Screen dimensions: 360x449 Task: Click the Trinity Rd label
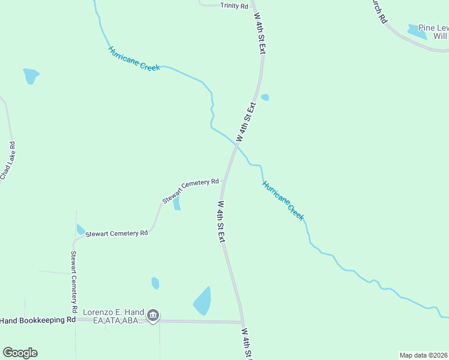pos(234,5)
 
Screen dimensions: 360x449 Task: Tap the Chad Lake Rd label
pos(8,161)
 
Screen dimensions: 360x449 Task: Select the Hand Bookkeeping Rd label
pos(38,320)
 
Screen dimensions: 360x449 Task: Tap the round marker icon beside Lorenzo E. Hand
pos(153,316)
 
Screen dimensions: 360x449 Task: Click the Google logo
pos(20,353)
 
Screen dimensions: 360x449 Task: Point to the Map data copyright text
pos(423,355)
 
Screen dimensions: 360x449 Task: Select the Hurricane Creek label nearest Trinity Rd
pos(134,59)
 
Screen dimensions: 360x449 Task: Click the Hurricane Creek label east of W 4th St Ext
pos(283,200)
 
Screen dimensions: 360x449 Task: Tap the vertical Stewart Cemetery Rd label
pos(74,281)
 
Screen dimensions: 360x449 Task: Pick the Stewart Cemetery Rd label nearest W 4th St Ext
pos(190,191)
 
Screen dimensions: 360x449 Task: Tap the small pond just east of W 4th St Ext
pos(265,97)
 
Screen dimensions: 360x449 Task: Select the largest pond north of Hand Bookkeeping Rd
pos(203,301)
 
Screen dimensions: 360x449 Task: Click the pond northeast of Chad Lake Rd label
pos(31,76)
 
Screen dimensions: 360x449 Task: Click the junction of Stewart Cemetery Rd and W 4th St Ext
pos(223,180)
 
